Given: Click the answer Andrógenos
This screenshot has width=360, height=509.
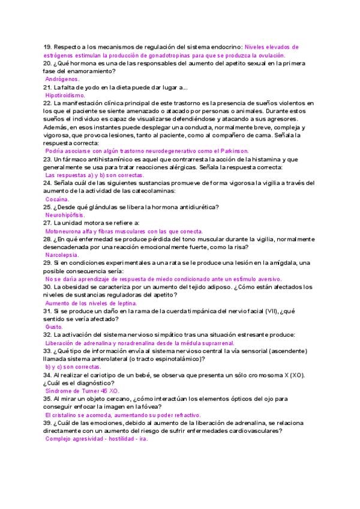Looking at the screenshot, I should click(x=62, y=79).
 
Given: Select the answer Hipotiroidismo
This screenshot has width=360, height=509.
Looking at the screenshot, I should click(x=65, y=95).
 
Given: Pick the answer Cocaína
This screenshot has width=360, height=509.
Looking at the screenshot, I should click(x=58, y=199).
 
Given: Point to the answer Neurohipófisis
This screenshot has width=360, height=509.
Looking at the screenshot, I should click(x=65, y=214).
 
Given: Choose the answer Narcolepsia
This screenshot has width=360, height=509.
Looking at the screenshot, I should click(x=62, y=255).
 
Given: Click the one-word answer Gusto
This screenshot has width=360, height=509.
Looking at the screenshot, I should click(x=54, y=327).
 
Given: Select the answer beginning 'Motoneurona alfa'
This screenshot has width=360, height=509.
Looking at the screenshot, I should click(x=124, y=231).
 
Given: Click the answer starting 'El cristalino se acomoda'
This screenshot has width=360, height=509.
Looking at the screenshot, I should click(x=123, y=414).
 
